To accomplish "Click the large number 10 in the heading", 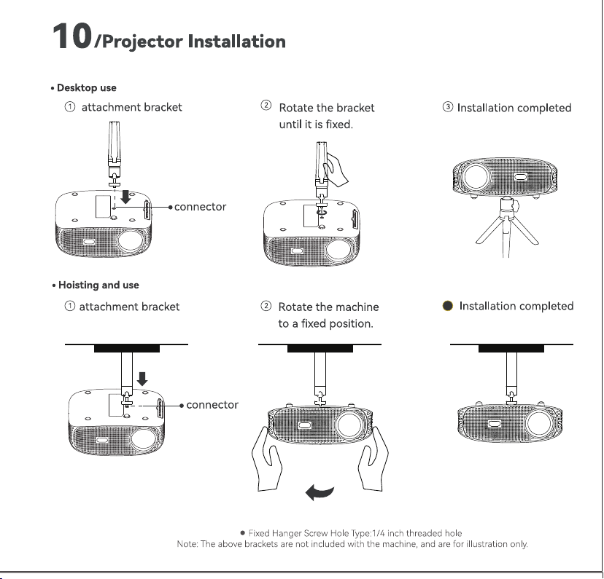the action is tap(72, 36).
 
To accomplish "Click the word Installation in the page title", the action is tap(236, 42).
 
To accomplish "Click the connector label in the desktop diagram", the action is tap(200, 207).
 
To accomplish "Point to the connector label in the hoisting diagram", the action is tap(212, 405).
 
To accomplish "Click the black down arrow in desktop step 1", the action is tap(125, 197).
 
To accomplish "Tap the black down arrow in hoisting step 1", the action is tap(142, 379).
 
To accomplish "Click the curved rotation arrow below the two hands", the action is tap(320, 492).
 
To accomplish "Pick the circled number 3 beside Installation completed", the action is tap(448, 106).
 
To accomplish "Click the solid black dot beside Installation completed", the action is tap(448, 306).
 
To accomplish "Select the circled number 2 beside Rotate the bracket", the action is tap(266, 105).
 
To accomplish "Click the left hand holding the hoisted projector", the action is tap(267, 459).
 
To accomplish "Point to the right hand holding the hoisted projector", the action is tap(373, 459).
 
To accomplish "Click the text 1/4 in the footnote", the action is tap(378, 533).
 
